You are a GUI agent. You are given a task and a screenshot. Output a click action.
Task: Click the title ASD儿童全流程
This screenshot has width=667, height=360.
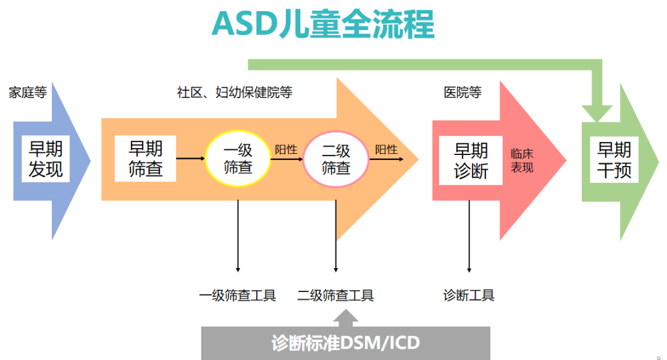point(322,25)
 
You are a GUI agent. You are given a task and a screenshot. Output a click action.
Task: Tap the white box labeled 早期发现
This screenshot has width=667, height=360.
point(46,159)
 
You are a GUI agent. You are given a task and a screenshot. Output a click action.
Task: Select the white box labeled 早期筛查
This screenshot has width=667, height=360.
point(146,159)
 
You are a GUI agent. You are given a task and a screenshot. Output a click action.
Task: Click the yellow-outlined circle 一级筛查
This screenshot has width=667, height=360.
point(238,159)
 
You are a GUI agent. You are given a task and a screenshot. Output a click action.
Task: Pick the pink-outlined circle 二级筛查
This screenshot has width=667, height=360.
point(336,159)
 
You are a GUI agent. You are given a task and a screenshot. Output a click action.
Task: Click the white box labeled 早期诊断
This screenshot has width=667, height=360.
point(471,161)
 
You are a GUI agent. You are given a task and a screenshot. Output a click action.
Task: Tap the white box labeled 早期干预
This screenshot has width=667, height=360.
point(614,159)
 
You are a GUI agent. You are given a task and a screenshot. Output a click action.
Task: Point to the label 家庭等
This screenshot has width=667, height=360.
point(28,93)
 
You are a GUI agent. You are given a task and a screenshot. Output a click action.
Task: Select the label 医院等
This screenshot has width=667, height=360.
point(463,93)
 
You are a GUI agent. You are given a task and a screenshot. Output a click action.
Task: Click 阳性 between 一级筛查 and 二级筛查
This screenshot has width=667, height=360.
point(286,149)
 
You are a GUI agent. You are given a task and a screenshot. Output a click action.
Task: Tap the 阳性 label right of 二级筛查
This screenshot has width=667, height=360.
point(386,149)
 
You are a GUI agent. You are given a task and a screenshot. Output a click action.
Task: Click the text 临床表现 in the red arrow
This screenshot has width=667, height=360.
point(522,161)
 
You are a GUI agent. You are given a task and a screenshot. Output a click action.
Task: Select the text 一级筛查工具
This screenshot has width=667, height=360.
point(238,295)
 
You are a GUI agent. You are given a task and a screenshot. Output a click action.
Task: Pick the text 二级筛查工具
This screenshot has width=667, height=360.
point(336,295)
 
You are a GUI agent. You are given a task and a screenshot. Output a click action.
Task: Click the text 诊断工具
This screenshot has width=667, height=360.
point(469,295)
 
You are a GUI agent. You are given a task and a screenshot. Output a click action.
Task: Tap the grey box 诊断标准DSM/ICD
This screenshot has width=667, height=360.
point(346,343)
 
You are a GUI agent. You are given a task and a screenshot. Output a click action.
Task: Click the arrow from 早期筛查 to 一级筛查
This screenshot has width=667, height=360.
point(190,159)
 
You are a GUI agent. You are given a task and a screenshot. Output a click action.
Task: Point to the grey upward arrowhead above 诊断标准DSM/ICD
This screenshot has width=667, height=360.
point(346,317)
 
